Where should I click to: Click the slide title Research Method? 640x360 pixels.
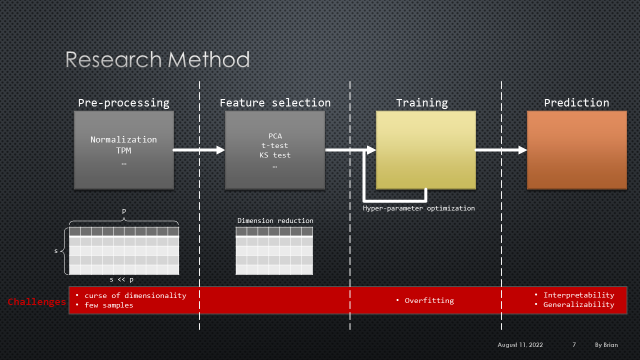tap(157, 59)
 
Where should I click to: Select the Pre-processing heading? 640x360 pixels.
tap(123, 103)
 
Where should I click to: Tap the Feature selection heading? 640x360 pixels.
tap(275, 103)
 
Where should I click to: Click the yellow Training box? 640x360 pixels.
tap(425, 149)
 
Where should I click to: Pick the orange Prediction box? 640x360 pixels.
tap(576, 149)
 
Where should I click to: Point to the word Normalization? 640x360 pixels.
tap(123, 139)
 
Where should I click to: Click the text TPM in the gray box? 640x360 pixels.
tap(123, 150)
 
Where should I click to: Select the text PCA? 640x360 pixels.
tap(275, 136)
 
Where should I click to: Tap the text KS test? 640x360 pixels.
tap(275, 155)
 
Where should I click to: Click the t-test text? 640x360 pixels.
tap(275, 145)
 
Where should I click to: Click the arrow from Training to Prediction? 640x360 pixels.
tap(500, 150)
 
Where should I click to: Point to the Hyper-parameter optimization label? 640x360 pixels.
tap(419, 208)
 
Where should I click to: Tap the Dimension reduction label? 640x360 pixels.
tap(275, 220)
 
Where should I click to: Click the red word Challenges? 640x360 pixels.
tap(36, 301)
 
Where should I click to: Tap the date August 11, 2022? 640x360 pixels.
tap(520, 345)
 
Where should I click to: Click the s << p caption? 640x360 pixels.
tap(121, 279)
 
